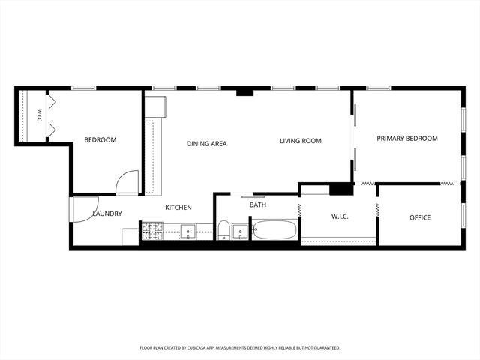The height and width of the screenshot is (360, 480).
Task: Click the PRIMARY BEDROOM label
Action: [407, 139]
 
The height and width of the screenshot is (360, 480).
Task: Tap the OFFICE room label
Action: [420, 217]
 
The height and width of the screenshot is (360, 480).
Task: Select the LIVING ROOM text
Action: [301, 141]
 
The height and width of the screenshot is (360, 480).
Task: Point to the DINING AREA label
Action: [207, 143]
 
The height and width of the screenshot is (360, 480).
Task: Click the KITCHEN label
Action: [178, 208]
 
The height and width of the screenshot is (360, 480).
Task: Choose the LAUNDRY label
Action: [107, 214]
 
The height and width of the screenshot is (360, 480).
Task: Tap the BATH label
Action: [258, 205]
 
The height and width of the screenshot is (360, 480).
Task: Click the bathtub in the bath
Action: [274, 230]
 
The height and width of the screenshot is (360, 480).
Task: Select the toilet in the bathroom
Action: [223, 230]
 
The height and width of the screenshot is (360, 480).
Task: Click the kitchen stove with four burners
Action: [152, 231]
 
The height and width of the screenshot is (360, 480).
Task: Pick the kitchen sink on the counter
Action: [187, 232]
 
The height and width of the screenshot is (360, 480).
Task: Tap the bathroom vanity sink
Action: [240, 232]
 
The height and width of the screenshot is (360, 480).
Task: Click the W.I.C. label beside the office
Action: [340, 217]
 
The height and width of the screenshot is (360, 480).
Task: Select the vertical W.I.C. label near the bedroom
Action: [39, 115]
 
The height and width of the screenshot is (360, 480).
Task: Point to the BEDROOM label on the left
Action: [100, 140]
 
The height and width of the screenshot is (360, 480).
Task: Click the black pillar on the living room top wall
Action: [245, 92]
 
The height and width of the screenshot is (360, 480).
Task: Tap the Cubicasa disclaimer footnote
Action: [240, 348]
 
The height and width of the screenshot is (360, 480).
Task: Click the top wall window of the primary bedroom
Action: [379, 88]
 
